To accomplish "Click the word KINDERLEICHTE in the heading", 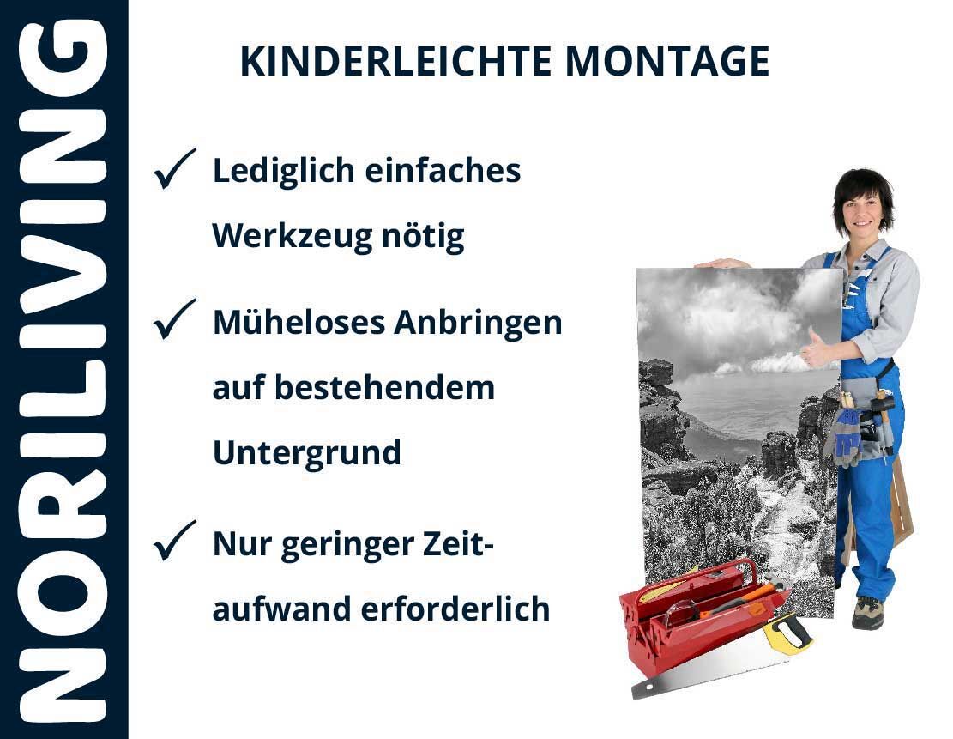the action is pos(395,61).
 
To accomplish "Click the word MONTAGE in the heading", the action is pos(667,61).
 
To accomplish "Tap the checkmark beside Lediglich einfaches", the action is pos(174,168).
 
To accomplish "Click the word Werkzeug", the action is pos(292,237).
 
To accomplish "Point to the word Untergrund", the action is pos(307,453).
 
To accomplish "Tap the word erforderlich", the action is pos(455,609).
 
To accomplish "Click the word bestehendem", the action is pos(385,387).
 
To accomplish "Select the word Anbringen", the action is pos(478,324).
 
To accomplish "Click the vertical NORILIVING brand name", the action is pos(63,369).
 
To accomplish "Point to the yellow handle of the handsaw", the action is pos(787,633).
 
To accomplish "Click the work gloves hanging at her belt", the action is pos(846,435).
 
